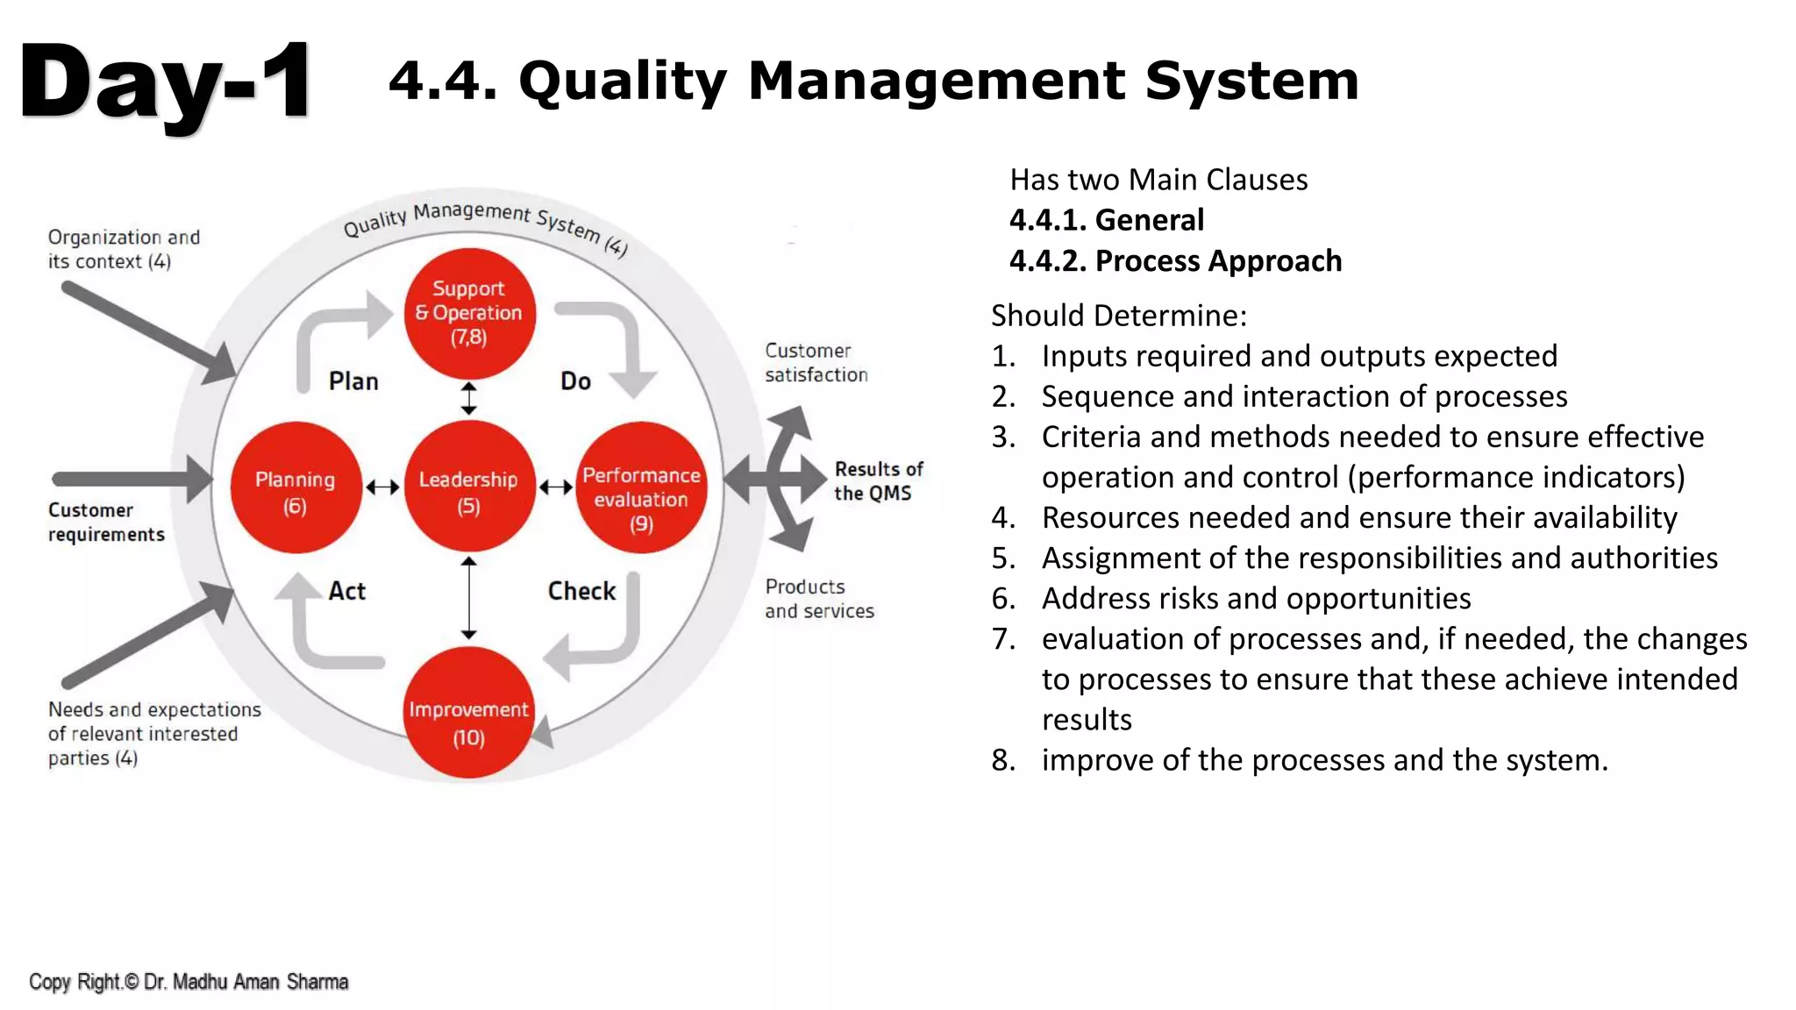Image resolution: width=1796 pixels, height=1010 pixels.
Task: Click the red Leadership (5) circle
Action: (469, 487)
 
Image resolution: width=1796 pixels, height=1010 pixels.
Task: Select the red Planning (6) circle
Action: (296, 487)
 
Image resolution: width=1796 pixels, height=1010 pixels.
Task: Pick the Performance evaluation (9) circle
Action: (641, 487)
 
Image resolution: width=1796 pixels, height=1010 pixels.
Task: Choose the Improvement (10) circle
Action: (469, 713)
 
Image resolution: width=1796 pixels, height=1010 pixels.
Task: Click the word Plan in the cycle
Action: (353, 381)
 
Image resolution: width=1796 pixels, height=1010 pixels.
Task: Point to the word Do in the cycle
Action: (575, 381)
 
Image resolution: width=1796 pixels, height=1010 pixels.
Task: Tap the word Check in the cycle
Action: (581, 591)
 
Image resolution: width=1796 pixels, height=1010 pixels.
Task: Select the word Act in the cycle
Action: (346, 591)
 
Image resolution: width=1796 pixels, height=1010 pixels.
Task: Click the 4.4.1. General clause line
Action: (1107, 220)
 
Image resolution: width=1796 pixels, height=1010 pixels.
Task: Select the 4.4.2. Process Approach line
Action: (1175, 261)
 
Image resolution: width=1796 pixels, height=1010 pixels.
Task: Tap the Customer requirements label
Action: (106, 523)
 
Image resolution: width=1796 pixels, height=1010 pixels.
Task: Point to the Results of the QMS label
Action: (878, 481)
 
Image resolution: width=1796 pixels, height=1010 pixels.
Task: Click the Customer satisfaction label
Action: (816, 363)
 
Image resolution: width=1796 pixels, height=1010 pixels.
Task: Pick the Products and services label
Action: (819, 599)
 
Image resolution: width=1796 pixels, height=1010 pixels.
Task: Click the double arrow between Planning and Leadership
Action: (382, 487)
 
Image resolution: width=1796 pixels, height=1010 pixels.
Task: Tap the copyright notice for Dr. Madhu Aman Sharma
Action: (189, 982)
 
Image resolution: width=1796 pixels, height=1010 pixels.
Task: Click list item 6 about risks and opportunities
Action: (1256, 599)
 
